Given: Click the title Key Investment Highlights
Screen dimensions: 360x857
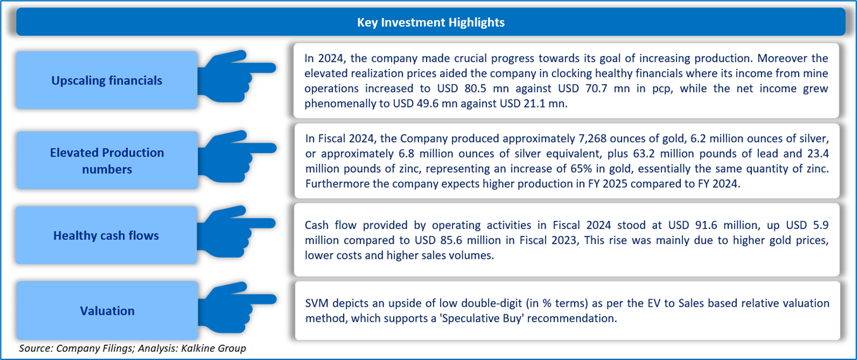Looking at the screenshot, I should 430,22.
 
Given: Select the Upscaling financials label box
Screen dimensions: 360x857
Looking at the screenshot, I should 106,80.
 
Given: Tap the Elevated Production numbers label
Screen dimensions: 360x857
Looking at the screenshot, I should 106,161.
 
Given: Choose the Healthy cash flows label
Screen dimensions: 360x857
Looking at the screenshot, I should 106,236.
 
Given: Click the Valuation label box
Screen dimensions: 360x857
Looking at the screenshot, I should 106,311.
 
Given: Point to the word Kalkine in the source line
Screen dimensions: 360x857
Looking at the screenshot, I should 196,348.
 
